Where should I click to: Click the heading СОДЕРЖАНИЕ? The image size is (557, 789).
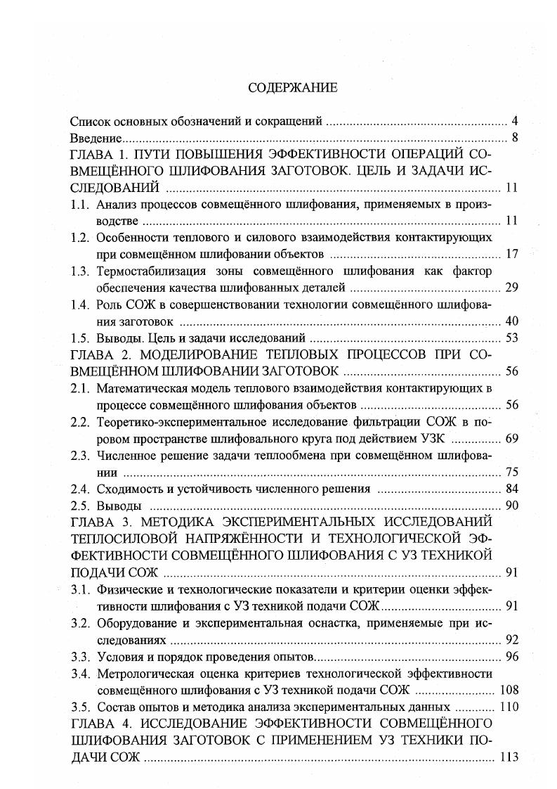283,88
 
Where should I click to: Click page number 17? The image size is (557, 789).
511,254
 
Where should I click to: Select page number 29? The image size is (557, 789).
511,288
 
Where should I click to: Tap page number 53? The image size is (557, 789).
511,338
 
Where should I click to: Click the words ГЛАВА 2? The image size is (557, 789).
99,354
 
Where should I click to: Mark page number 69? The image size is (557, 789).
511,439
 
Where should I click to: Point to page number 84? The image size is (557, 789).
511,489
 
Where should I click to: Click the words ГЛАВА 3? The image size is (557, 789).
99,522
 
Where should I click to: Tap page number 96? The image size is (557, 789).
511,657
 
